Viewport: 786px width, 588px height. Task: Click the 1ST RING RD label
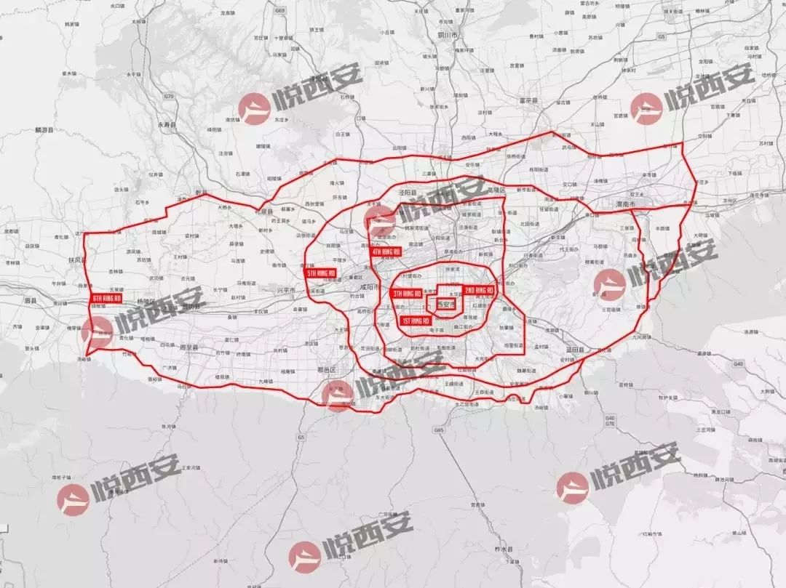[416, 321]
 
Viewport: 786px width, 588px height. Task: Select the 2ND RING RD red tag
[479, 291]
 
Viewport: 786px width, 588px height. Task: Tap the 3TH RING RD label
[407, 294]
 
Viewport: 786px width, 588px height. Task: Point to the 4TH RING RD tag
[386, 251]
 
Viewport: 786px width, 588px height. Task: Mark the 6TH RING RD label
[106, 299]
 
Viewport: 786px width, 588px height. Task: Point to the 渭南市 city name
[625, 205]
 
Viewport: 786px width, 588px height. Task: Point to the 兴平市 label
[285, 290]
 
